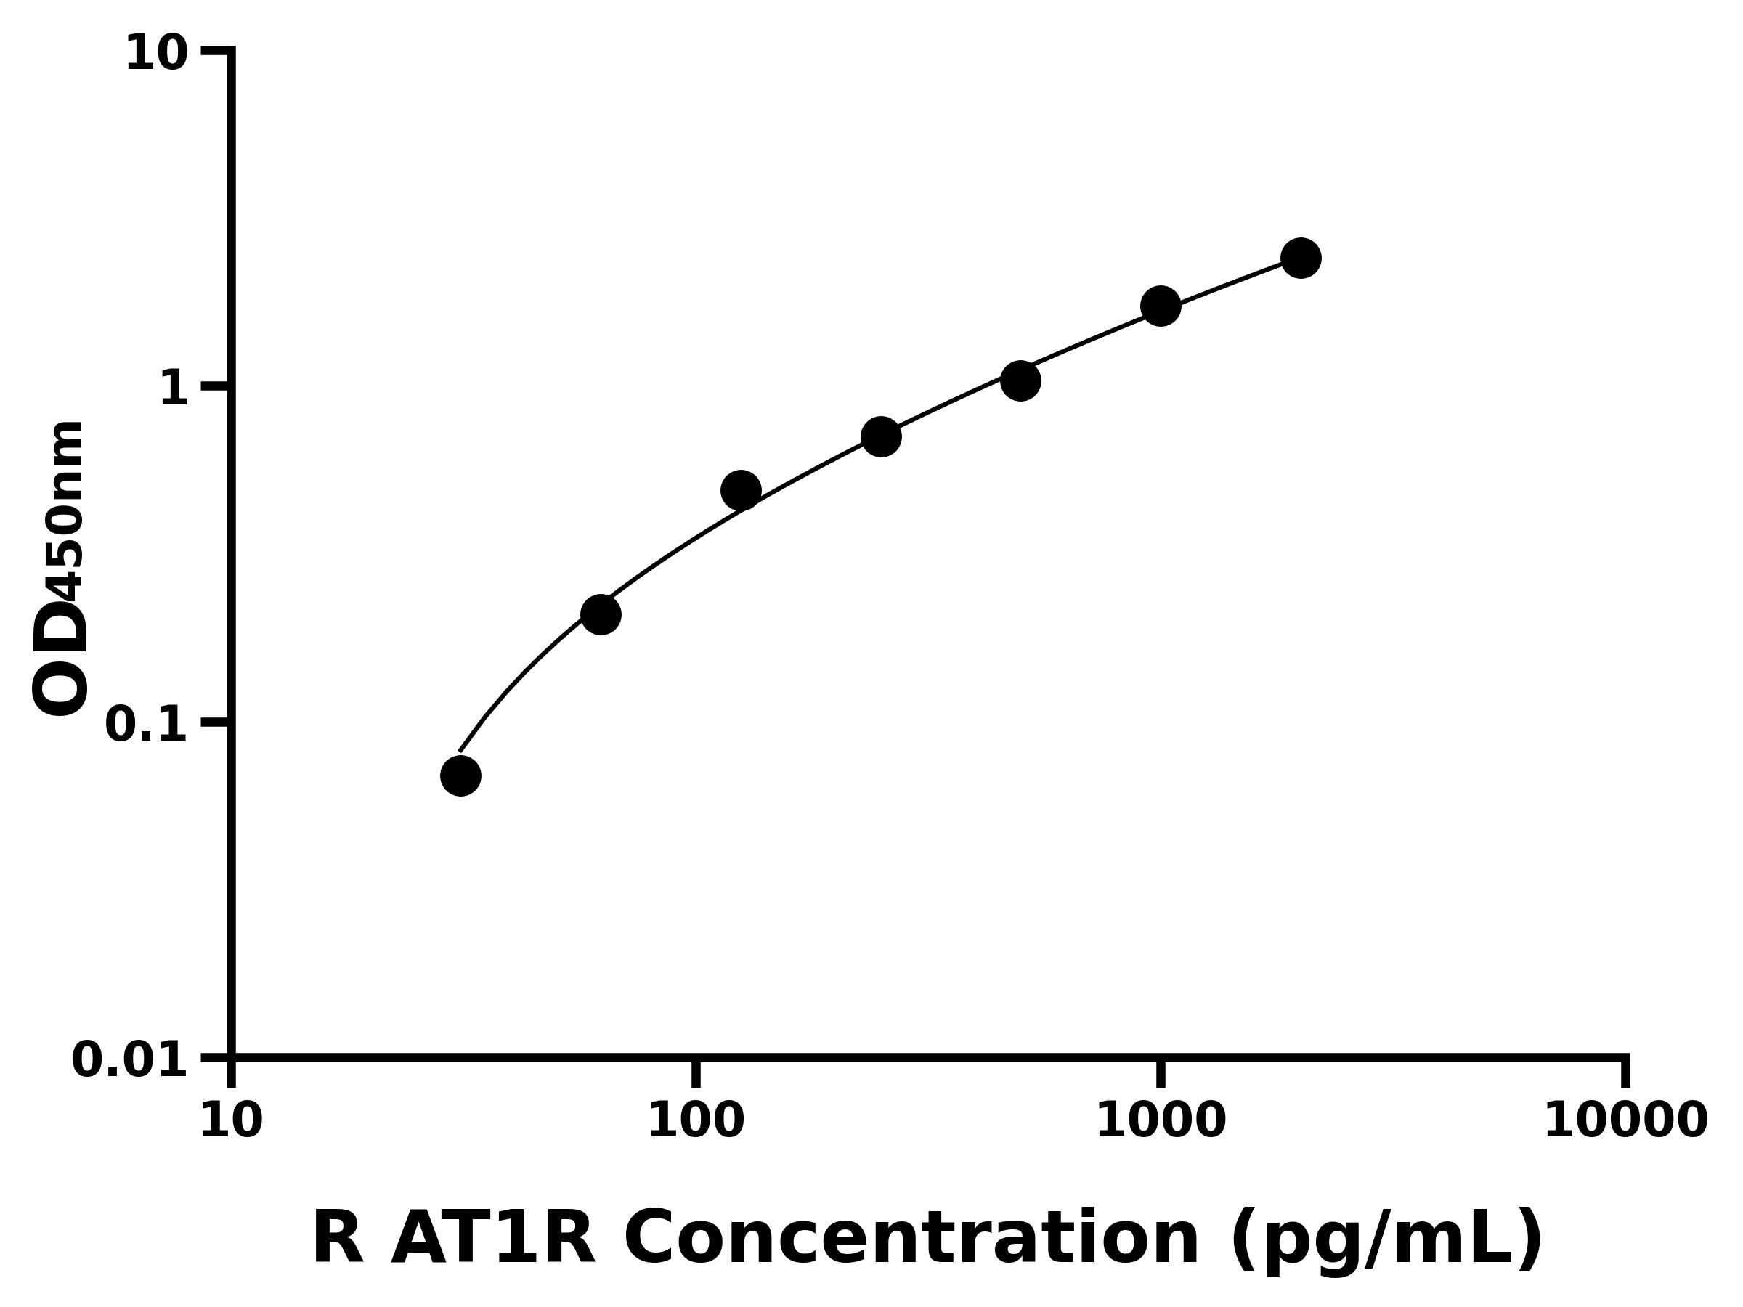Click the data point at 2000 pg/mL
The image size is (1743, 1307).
point(1300,258)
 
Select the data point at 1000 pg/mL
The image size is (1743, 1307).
point(1160,306)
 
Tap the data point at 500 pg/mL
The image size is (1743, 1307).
point(1020,380)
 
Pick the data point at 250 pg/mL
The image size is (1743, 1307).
point(881,436)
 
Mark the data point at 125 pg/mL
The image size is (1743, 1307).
point(741,491)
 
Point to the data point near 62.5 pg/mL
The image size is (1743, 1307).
point(601,614)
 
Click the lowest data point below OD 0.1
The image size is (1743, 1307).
point(460,776)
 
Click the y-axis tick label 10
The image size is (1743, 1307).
point(157,55)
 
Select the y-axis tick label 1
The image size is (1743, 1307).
point(174,389)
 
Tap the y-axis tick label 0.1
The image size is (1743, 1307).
point(147,725)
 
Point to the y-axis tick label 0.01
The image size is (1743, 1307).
point(130,1060)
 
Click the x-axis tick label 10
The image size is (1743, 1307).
point(231,1122)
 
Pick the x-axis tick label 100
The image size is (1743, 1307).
point(695,1122)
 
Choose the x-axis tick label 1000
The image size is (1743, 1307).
point(1161,1122)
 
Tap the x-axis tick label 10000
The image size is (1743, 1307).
point(1625,1122)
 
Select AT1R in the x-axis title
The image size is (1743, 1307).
point(492,1239)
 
